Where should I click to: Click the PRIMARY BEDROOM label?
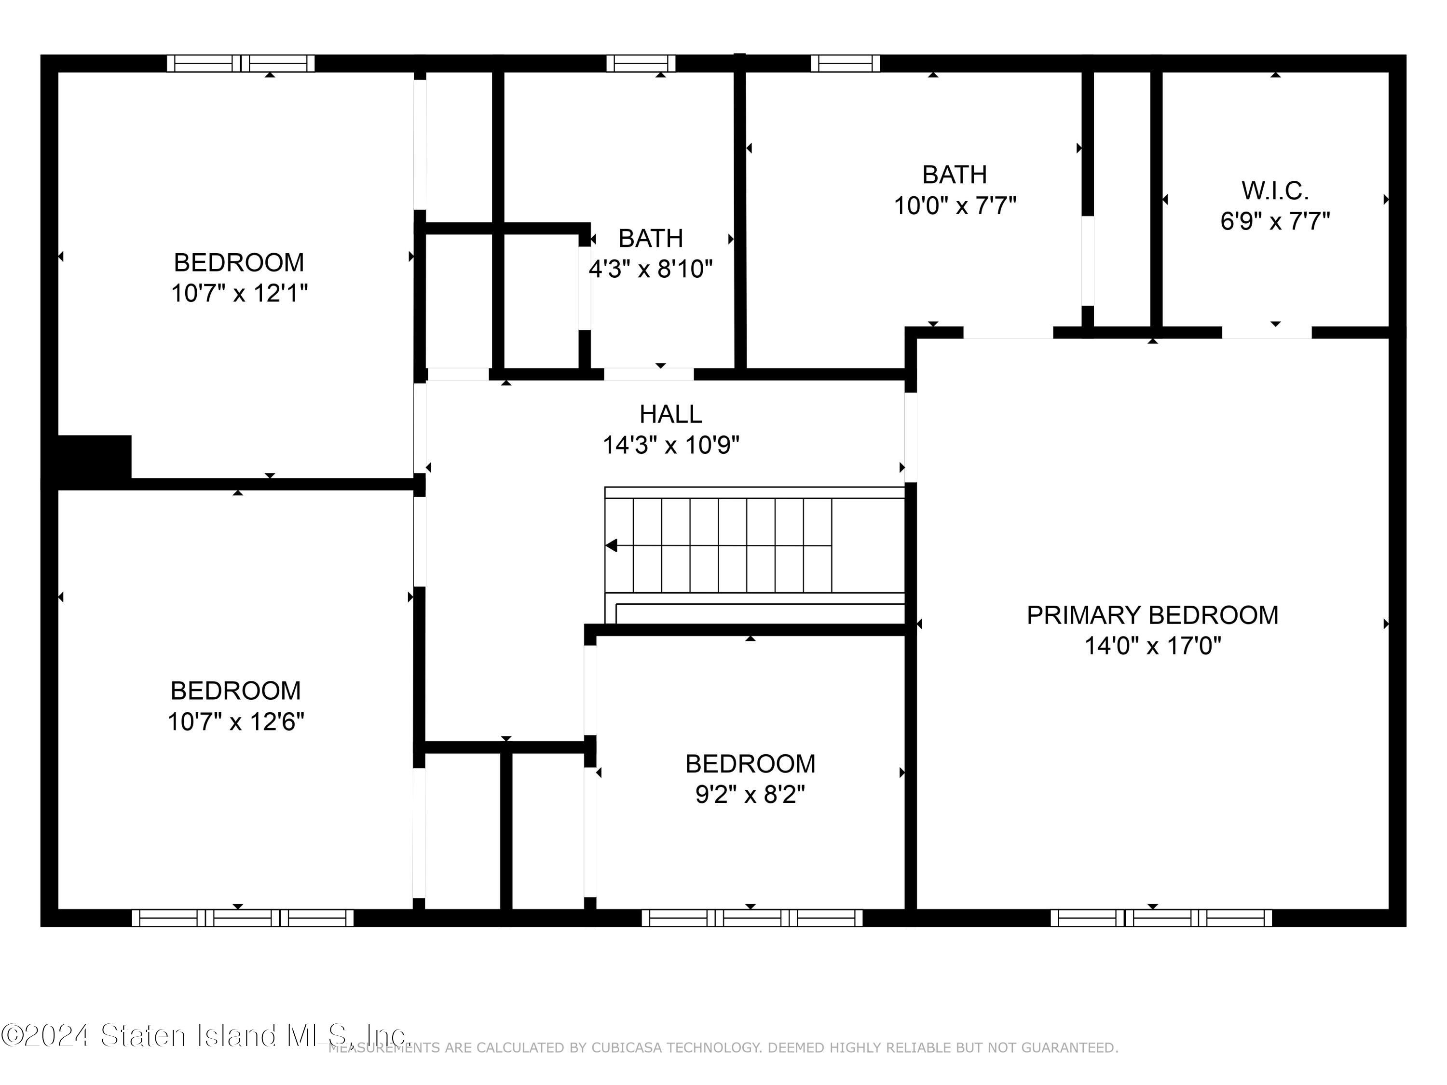tap(1152, 615)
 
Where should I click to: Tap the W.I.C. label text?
tap(1275, 191)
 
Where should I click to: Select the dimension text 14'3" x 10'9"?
tap(670, 446)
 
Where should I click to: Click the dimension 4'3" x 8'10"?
tap(650, 269)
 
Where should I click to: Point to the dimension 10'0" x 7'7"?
tap(955, 206)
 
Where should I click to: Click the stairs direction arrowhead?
tap(612, 545)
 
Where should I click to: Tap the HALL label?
tap(670, 414)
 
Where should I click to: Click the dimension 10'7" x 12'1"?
tap(239, 293)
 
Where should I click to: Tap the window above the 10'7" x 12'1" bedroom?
tap(241, 64)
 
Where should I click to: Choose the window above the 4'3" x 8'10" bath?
tap(641, 64)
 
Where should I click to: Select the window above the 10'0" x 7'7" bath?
tap(845, 64)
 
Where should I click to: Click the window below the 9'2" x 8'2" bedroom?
tap(751, 918)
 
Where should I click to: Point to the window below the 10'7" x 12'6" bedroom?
tap(243, 918)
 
